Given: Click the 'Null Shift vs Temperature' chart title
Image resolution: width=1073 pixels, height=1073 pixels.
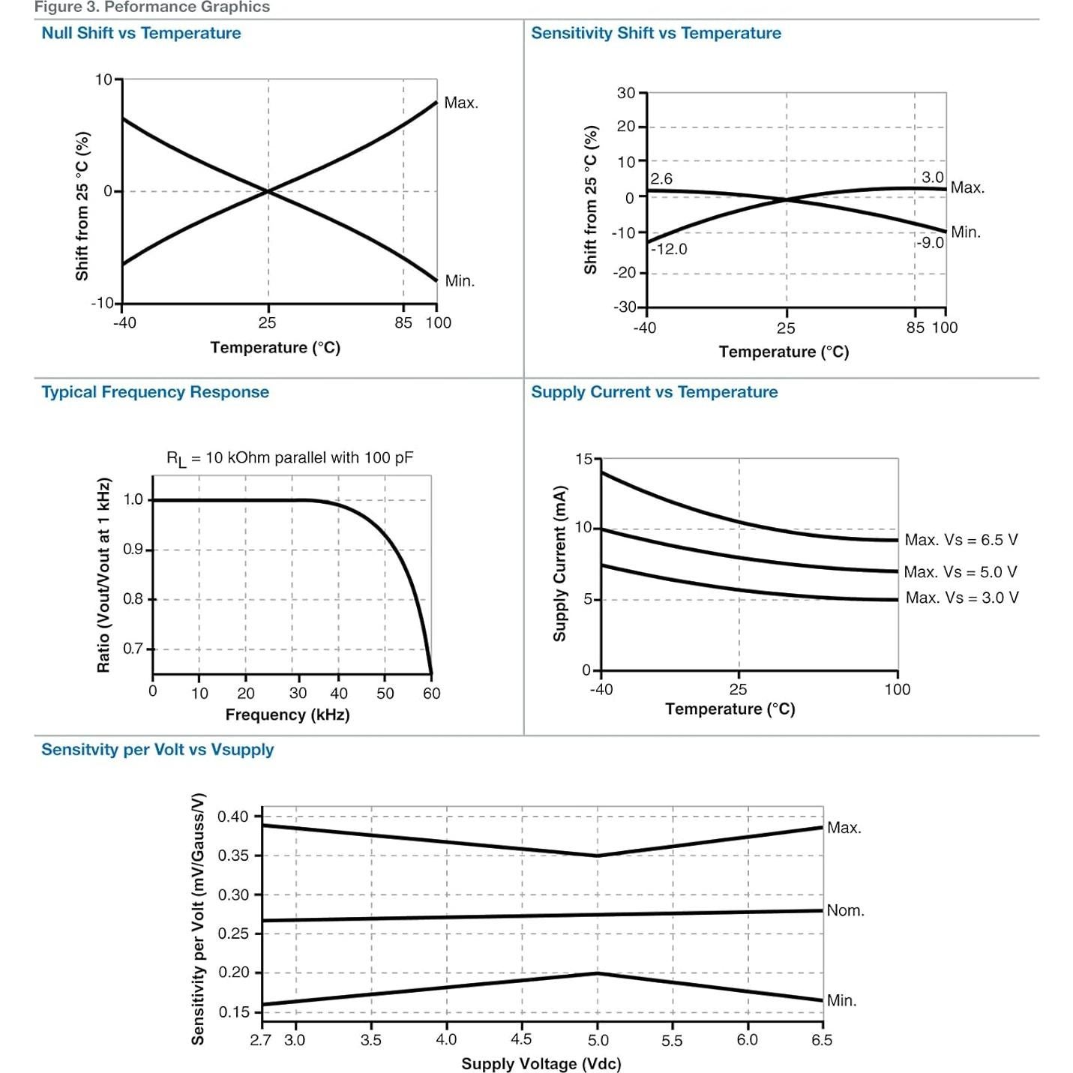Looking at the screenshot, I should (141, 33).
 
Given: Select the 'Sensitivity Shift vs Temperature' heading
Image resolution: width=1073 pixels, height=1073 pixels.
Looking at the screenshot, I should (656, 33).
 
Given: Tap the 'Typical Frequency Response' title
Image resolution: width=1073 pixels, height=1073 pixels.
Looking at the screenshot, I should (155, 392).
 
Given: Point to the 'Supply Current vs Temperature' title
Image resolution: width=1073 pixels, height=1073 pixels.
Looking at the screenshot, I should (655, 392).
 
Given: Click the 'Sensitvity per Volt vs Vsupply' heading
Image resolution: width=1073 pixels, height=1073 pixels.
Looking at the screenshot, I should (157, 750).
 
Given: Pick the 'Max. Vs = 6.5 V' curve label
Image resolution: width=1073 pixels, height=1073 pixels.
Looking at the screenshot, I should (961, 540).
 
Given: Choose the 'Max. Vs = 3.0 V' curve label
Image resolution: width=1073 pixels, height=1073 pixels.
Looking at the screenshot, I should (962, 598).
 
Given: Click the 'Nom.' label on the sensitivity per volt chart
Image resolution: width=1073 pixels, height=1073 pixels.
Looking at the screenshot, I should (846, 910).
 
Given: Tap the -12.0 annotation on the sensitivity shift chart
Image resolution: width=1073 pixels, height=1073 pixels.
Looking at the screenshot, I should (669, 249).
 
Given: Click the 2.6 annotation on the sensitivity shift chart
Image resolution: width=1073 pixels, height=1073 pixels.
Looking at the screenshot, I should (661, 179).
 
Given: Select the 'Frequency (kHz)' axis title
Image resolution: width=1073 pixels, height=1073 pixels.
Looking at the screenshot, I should (287, 715).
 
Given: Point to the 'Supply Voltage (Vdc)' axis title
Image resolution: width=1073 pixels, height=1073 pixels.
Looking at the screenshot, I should (541, 1063).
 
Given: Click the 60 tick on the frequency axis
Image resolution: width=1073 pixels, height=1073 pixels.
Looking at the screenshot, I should (432, 694).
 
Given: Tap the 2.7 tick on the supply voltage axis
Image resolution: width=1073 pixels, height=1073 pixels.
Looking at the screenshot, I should (260, 1040).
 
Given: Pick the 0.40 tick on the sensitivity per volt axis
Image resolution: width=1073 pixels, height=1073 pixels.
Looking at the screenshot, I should (232, 817).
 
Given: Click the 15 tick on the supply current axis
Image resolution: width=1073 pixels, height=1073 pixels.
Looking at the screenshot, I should (583, 459).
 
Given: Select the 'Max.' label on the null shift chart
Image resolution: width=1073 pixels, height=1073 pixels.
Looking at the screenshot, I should (461, 103).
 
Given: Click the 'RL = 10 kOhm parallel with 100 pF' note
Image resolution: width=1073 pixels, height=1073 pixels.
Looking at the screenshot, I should (289, 458).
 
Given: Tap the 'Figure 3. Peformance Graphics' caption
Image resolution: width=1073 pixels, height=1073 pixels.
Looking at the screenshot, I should (152, 7).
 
